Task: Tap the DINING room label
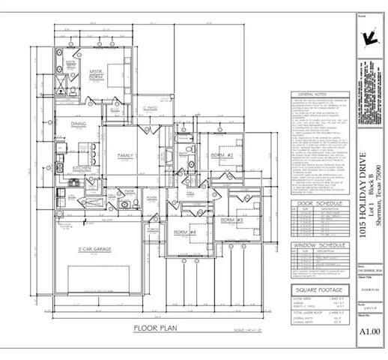(x=79, y=124)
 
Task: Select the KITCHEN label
(x=81, y=169)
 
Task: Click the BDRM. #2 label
(x=223, y=154)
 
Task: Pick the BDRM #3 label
(x=231, y=218)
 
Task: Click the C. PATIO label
(x=153, y=110)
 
